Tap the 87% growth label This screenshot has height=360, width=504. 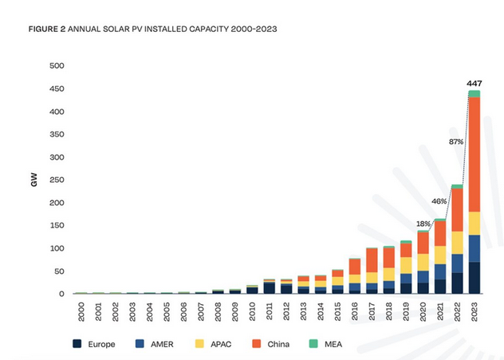coord(457,141)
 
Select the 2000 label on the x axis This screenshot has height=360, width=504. coord(81,311)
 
